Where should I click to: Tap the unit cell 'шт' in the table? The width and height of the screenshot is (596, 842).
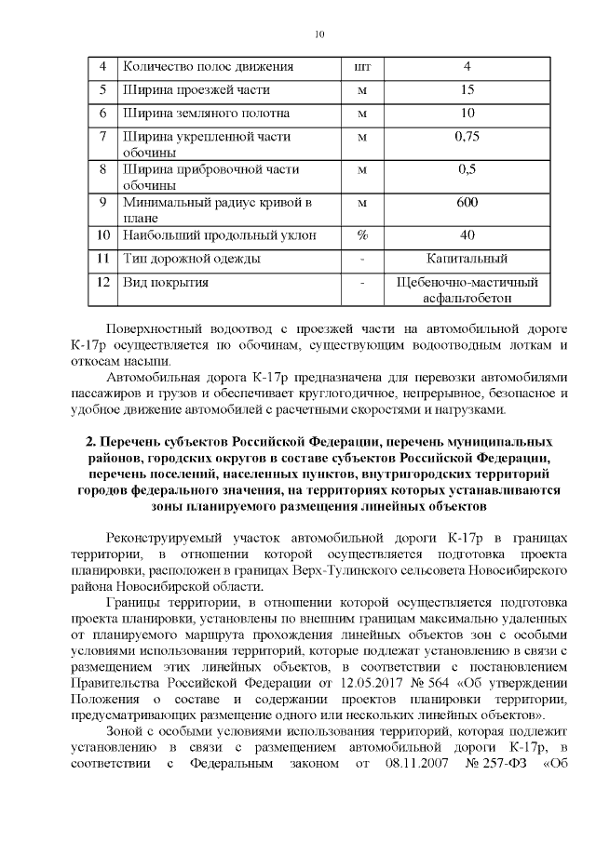pos(363,67)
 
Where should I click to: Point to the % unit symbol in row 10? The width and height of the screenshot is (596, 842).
pos(363,234)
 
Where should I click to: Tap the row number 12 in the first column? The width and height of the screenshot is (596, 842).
pos(103,281)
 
